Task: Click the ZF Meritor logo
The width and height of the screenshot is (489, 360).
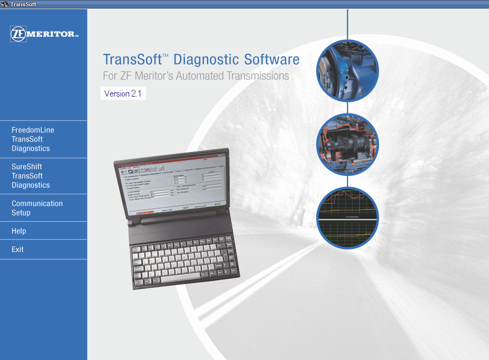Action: pos(44,34)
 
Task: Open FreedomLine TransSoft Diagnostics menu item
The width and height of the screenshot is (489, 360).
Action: pos(33,139)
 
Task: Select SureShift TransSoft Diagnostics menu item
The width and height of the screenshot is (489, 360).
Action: pos(31,176)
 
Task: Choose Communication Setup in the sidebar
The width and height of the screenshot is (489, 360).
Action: pos(37,208)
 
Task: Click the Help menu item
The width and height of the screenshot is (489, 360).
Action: pos(19,231)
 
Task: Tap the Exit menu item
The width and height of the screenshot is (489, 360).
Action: pos(18,249)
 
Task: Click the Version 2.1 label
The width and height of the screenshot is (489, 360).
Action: pos(123,94)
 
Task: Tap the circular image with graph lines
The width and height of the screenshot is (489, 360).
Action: pos(348,218)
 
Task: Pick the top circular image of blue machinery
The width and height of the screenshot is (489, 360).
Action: pos(348,70)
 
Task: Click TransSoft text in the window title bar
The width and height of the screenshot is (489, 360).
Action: pos(22,4)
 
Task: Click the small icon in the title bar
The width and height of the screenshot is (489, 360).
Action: pos(4,4)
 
